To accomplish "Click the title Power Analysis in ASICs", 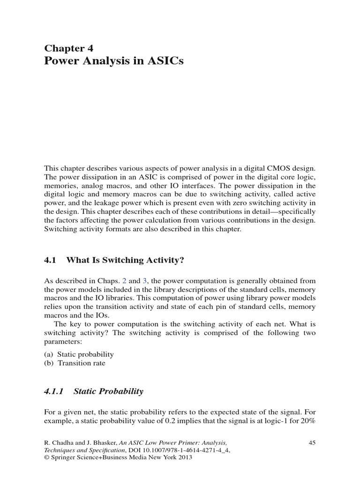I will click(x=113, y=61).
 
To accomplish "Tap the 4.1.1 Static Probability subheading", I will click(x=94, y=391).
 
